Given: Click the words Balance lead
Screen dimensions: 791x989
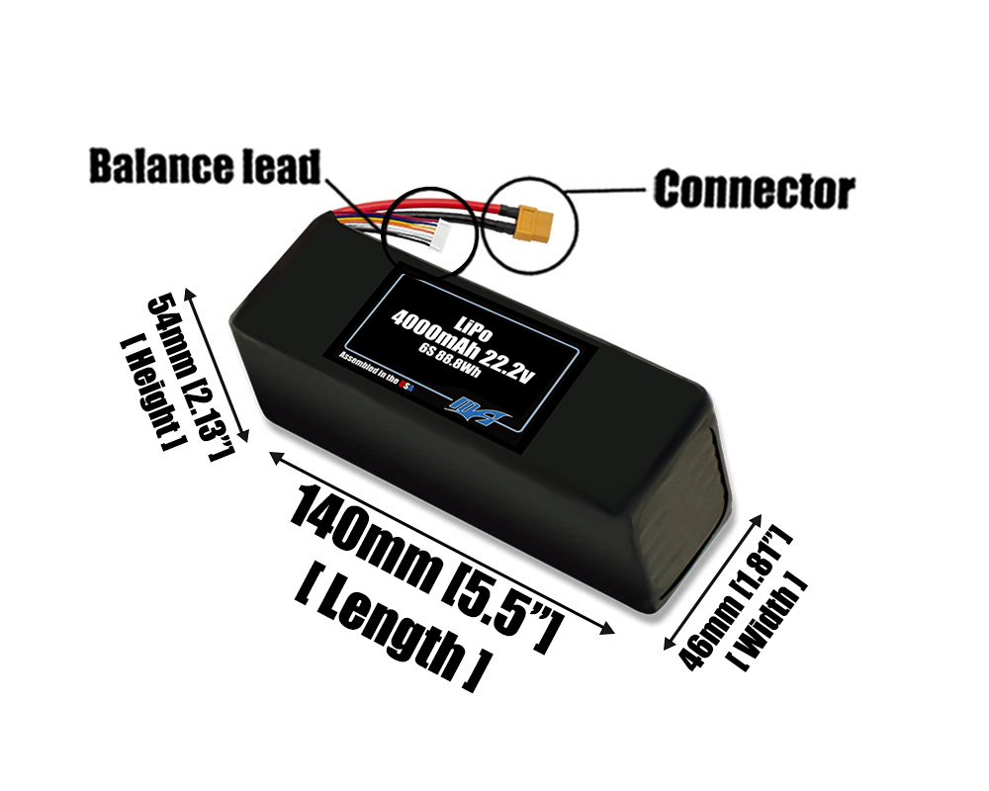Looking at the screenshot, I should click(x=205, y=167).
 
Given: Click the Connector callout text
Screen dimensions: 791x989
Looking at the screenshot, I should click(x=754, y=188).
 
